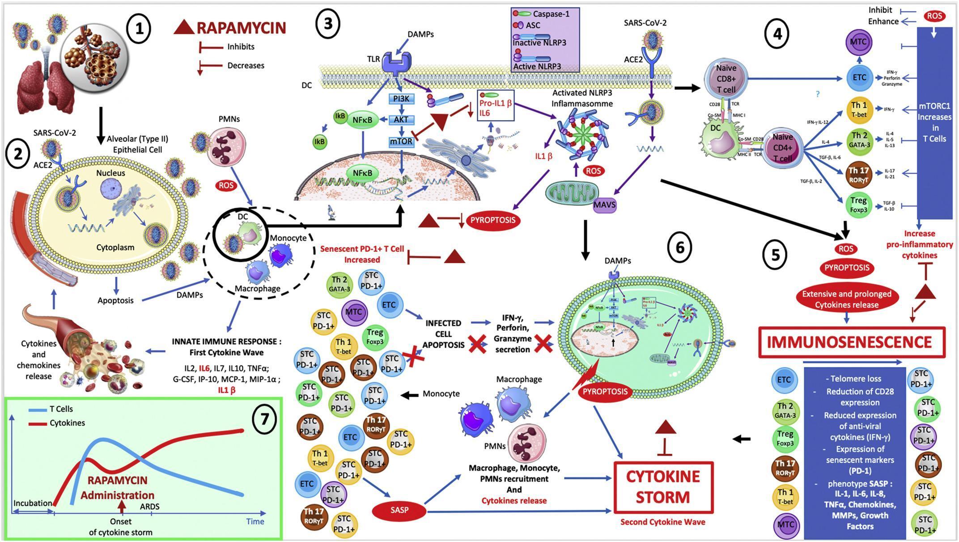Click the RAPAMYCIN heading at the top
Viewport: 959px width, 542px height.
click(241, 28)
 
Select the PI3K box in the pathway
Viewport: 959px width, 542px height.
click(401, 98)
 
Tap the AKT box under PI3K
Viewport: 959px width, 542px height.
click(401, 119)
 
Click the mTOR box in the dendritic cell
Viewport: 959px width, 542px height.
click(401, 142)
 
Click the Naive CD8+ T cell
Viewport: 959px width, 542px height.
click(726, 79)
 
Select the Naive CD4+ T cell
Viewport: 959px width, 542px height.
click(782, 147)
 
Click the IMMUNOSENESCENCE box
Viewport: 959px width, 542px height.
click(852, 342)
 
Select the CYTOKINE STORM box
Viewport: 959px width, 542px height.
click(663, 487)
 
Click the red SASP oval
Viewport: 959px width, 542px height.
click(399, 510)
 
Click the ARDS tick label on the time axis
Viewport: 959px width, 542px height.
click(150, 507)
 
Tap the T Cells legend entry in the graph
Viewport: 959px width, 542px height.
click(61, 409)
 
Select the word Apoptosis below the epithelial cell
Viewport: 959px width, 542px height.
click(115, 300)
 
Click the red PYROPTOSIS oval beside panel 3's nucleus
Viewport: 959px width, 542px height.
click(492, 220)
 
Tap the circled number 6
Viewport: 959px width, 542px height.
click(679, 247)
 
